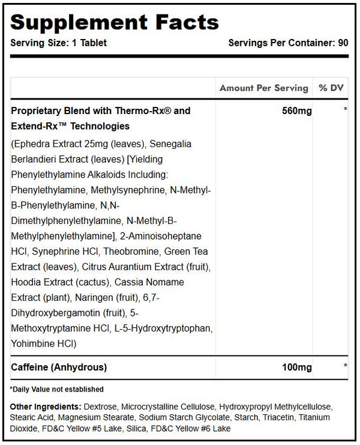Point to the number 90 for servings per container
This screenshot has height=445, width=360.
(x=343, y=43)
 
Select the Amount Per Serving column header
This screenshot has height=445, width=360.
(x=263, y=88)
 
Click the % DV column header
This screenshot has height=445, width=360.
(x=331, y=88)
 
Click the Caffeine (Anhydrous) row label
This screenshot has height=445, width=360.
(x=59, y=366)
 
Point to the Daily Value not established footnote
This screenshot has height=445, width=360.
(x=56, y=389)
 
